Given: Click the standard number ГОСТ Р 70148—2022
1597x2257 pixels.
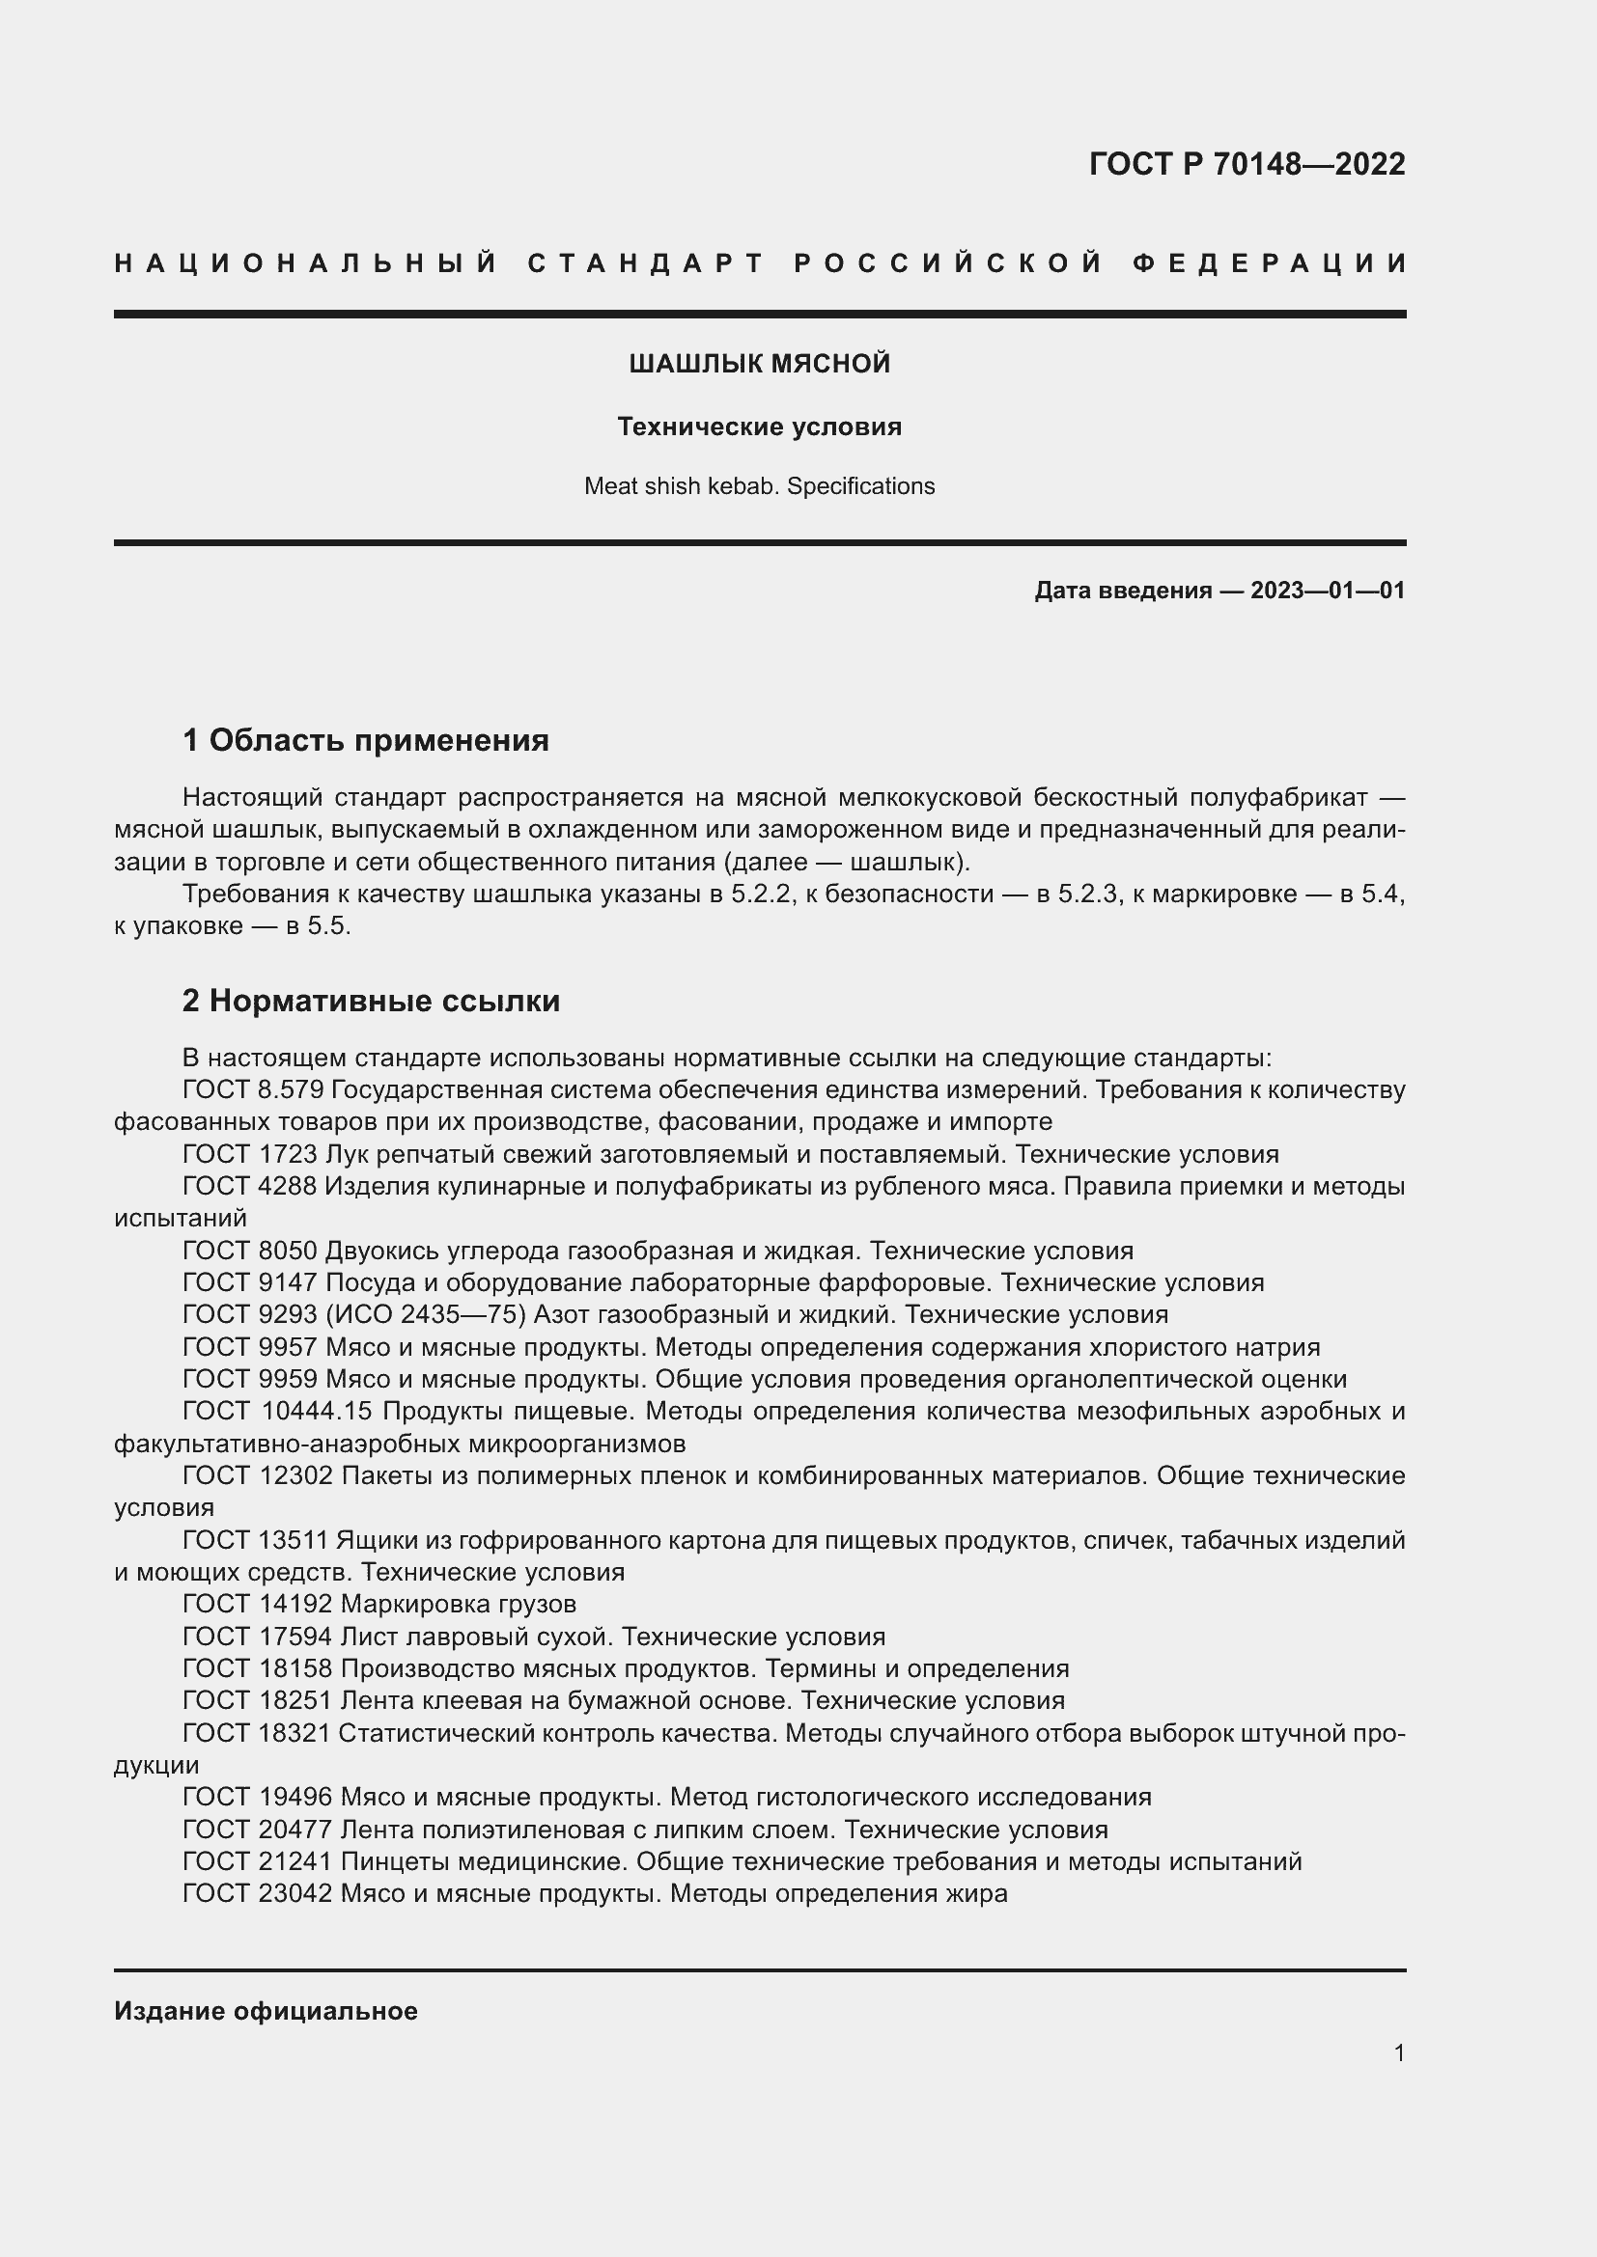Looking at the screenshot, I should tap(1246, 164).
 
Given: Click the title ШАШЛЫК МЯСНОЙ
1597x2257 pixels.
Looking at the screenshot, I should tap(759, 364).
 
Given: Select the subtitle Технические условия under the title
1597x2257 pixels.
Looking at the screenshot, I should tap(759, 427).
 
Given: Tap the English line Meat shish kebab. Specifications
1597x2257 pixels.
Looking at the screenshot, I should tap(759, 485).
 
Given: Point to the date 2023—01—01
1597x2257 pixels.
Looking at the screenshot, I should tap(1327, 591).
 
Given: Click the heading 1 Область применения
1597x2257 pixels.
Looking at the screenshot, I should tap(366, 740).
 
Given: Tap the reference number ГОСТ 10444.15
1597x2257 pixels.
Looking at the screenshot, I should tap(276, 1412).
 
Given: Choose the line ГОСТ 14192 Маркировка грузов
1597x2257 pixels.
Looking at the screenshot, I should tap(378, 1605).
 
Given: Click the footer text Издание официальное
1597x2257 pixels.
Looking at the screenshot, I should tap(266, 2011).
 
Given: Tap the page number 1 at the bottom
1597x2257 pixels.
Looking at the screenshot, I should tap(1398, 2053).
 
